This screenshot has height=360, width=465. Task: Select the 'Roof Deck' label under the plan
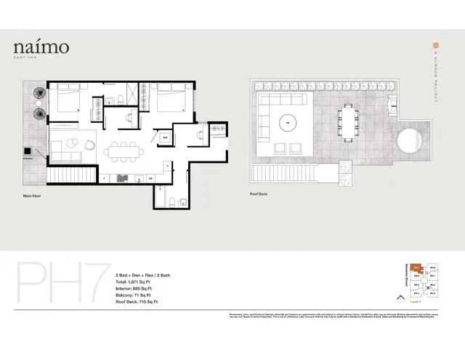(x=259, y=194)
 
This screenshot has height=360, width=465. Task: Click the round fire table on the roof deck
(x=290, y=123)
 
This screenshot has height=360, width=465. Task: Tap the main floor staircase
(x=73, y=176)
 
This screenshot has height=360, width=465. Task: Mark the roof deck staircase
(x=283, y=175)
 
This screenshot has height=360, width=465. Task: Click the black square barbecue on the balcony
(x=28, y=152)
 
